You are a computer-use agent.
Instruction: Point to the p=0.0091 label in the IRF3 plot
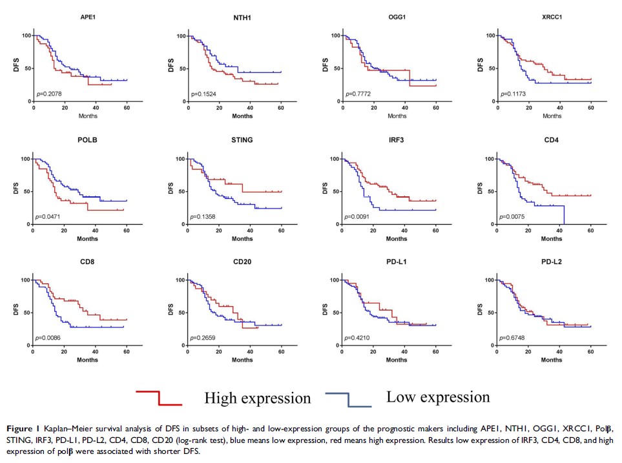[357, 216]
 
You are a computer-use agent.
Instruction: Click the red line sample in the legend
[158, 398]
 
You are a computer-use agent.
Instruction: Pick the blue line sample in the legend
[349, 398]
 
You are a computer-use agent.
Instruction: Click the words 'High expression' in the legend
[257, 398]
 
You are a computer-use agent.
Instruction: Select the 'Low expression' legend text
[438, 396]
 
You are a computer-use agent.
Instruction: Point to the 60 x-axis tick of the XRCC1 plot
[590, 108]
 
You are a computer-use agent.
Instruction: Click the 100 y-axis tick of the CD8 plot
[25, 280]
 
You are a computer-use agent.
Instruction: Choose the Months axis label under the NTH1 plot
[234, 116]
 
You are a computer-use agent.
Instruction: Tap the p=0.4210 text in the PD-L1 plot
[357, 337]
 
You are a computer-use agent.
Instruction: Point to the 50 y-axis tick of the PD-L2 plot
[489, 313]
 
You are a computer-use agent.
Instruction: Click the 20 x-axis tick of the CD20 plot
[218, 353]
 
